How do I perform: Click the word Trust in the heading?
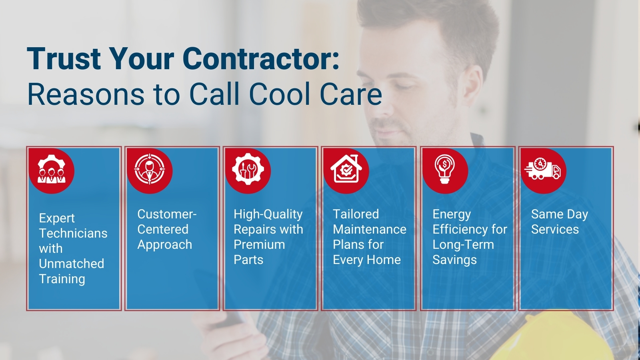coord(64,59)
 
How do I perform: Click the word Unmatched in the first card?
coord(72,264)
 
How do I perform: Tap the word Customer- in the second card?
coord(167,214)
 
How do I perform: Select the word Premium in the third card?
coord(259,244)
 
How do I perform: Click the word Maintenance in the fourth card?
coord(370,230)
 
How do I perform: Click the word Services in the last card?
coord(555,230)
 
